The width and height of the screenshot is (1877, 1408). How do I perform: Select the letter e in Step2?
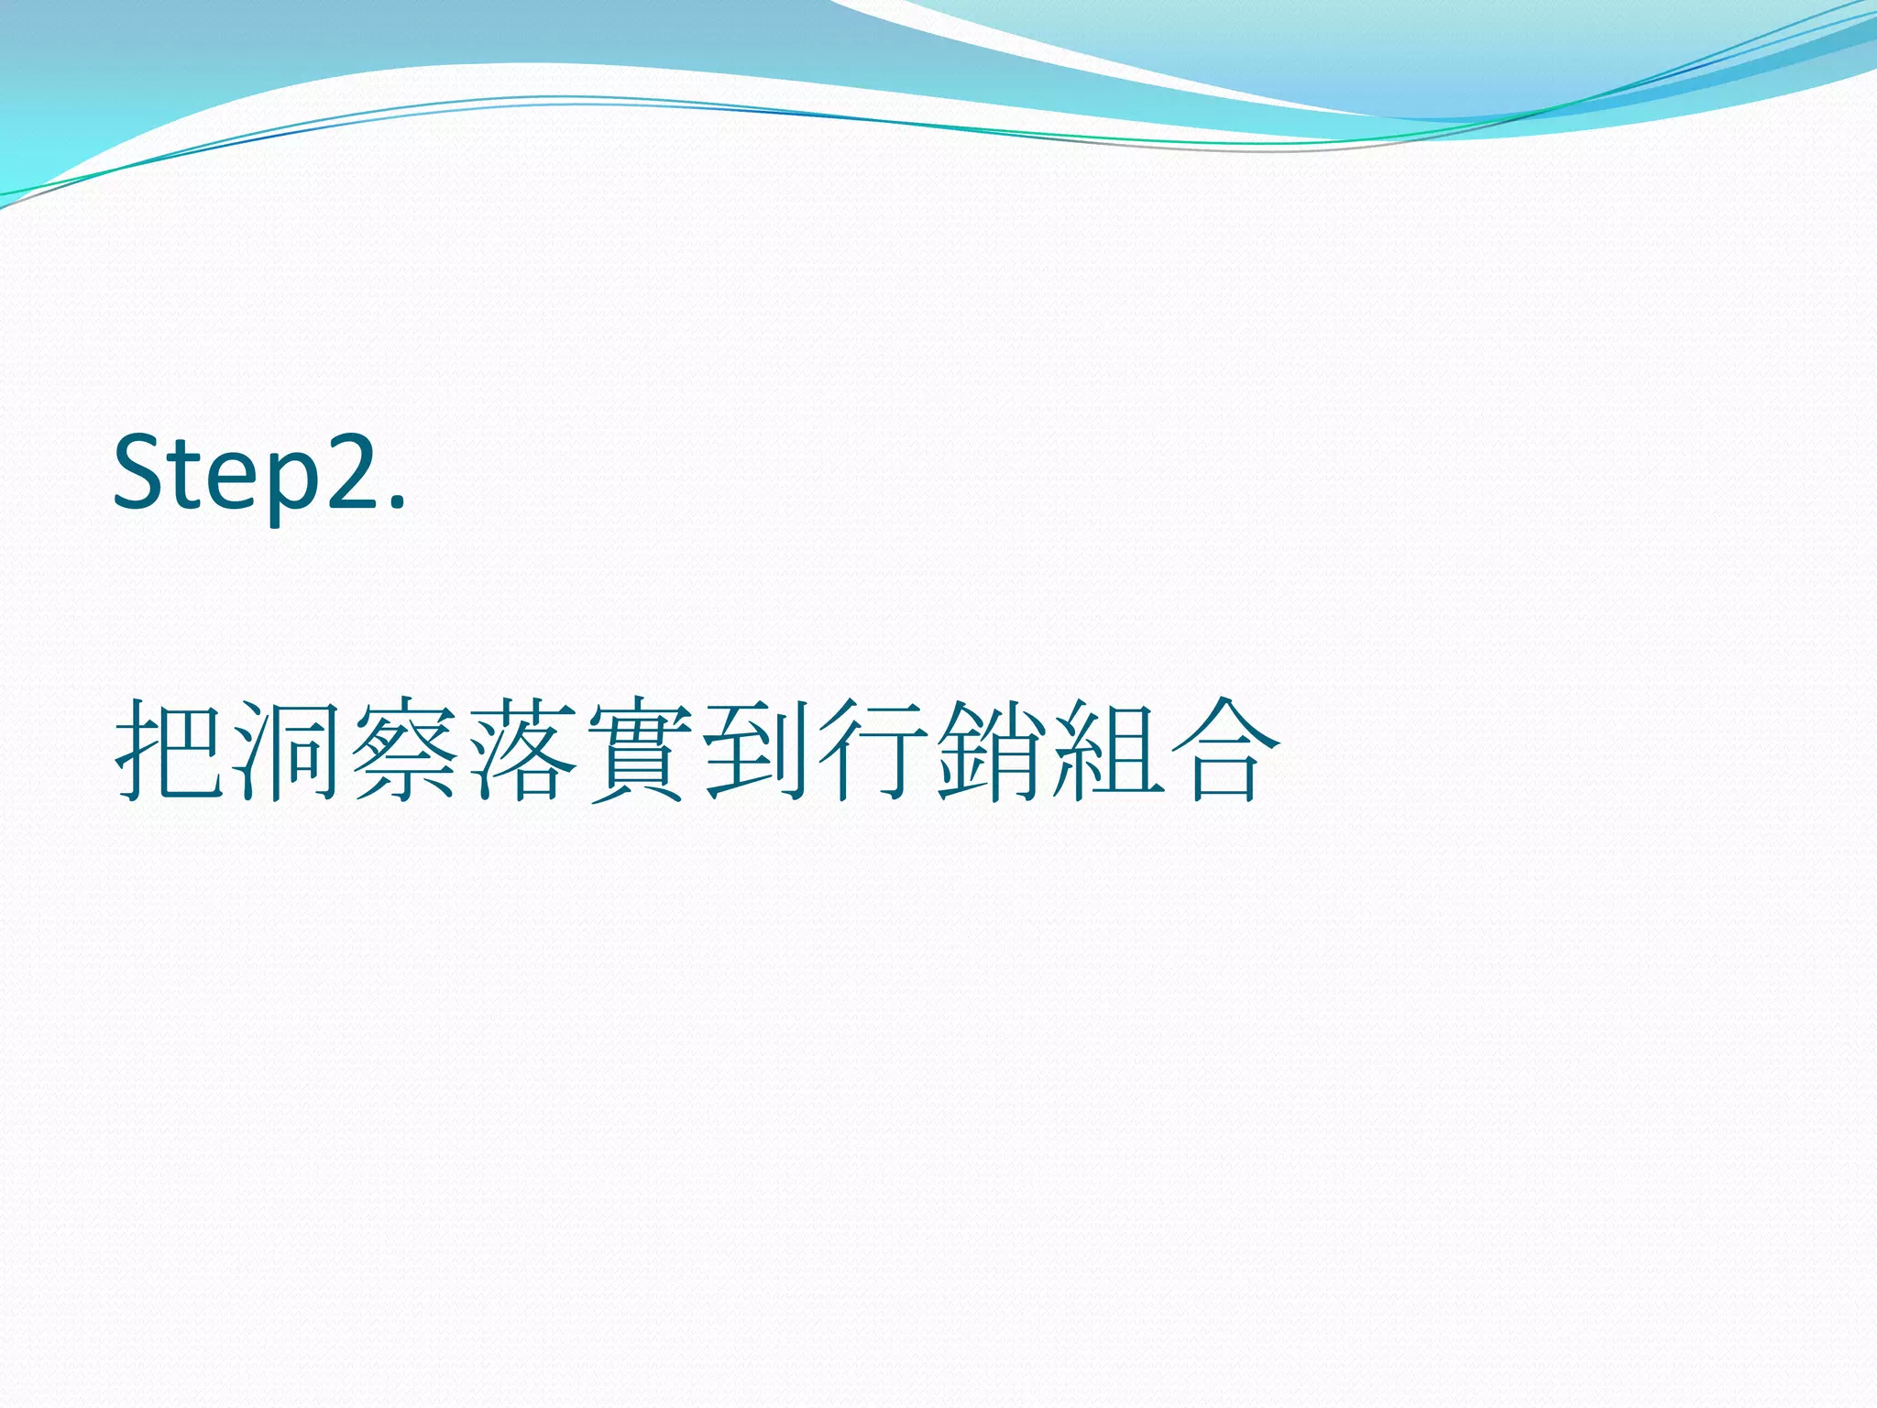click(229, 483)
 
